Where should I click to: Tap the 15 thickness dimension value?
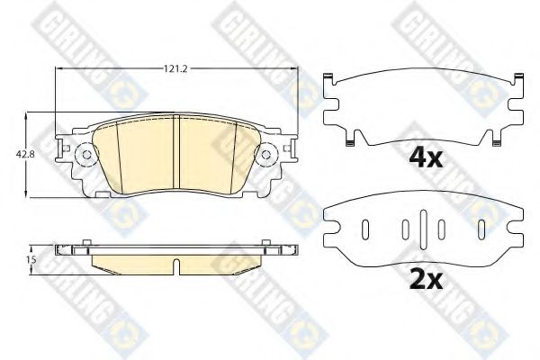click(31, 259)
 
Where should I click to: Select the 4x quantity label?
click(426, 158)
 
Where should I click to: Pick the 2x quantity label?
click(426, 280)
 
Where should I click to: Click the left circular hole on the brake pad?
click(87, 155)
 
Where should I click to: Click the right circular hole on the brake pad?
click(265, 155)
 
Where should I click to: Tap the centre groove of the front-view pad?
click(176, 152)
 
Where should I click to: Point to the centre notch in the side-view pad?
click(176, 266)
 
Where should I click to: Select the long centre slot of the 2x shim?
click(423, 229)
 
